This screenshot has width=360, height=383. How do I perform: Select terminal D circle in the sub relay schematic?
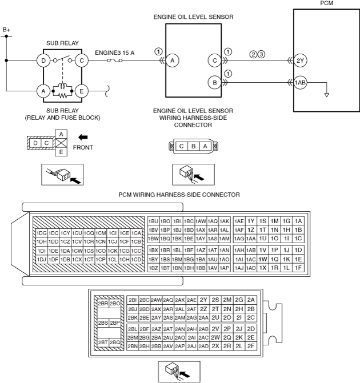point(43,59)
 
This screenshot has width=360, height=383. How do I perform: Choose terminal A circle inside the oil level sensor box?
point(173,59)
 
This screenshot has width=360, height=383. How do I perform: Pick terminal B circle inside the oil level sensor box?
point(214,83)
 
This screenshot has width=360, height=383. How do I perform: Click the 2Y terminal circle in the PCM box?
point(301,59)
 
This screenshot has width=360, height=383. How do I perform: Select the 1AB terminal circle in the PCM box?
point(301,83)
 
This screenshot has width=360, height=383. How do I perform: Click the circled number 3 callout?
point(261,55)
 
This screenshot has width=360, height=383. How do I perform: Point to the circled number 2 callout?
point(252,55)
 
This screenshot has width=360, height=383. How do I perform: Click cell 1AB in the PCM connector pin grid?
point(250,250)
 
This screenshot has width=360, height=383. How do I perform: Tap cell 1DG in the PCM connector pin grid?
point(41,233)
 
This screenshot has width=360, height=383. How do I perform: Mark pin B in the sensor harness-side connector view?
point(193,146)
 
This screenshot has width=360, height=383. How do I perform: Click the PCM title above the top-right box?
point(327,3)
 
